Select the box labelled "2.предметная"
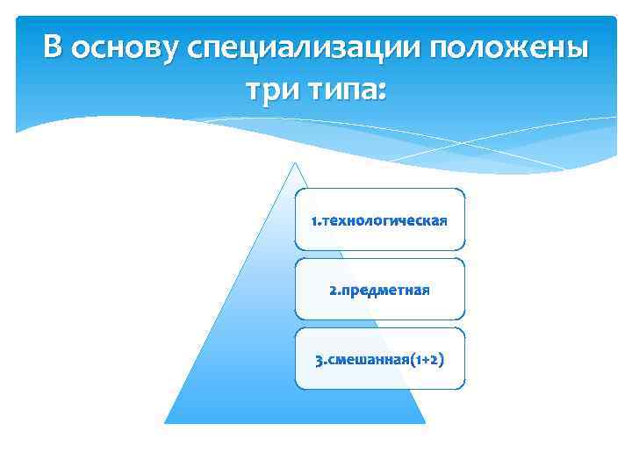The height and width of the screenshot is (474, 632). click(379, 289)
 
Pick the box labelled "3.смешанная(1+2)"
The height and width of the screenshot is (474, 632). click(379, 359)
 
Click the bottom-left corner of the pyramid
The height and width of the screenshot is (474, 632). click(166, 423)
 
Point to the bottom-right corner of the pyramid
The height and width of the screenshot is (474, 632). click(425, 423)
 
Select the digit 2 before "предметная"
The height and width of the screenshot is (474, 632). click(332, 290)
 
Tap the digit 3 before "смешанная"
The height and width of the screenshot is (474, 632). click(319, 360)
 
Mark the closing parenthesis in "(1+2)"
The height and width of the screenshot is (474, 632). click(440, 360)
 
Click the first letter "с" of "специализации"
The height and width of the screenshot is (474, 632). click(195, 49)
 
